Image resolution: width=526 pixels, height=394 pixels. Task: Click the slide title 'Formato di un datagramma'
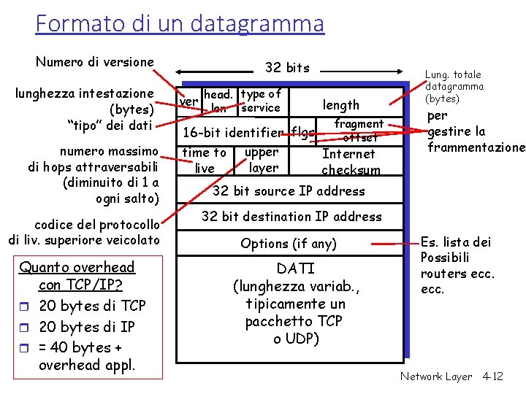[x=179, y=23]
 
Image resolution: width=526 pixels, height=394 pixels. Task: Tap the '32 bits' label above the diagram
[x=287, y=68]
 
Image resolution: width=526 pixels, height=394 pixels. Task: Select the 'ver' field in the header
[x=188, y=101]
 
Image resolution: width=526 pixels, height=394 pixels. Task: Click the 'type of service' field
[x=261, y=101]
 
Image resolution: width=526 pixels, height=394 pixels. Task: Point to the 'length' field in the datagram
[x=341, y=105]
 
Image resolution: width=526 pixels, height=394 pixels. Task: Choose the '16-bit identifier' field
[x=233, y=133]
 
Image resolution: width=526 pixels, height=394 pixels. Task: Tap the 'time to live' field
[x=205, y=161]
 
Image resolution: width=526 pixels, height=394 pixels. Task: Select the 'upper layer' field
[x=262, y=161]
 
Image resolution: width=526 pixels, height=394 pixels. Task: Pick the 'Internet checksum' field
[x=351, y=162]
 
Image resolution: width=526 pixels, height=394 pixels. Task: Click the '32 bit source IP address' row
[x=288, y=191]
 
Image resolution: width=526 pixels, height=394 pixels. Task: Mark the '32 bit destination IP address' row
[x=291, y=217]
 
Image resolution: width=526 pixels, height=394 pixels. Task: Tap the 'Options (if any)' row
[x=289, y=244]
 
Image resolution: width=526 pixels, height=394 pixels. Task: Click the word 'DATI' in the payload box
[x=297, y=269]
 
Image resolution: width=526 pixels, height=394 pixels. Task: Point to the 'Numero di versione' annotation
[x=95, y=62]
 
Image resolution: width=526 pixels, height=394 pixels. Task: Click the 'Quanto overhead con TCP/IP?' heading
[x=77, y=276]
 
